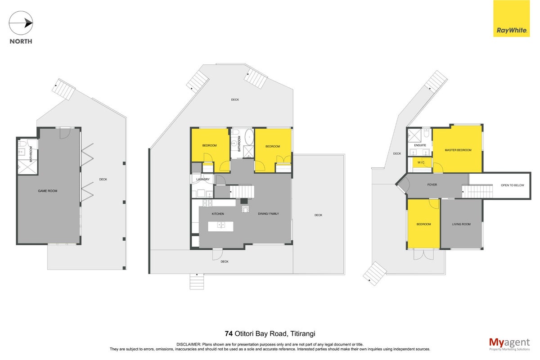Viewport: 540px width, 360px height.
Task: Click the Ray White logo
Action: tap(511, 18)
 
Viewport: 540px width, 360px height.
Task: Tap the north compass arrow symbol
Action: tap(21, 23)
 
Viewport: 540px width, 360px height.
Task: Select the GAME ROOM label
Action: tap(48, 191)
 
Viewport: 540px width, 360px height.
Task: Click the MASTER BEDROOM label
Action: tap(458, 150)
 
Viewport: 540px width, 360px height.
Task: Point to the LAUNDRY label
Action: tap(203, 180)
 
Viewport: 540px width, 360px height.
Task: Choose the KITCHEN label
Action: tap(218, 214)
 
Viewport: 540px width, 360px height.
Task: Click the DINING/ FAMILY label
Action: tap(268, 214)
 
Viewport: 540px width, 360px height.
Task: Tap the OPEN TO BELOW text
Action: tap(513, 185)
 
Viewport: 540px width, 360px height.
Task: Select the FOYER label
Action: tap(432, 184)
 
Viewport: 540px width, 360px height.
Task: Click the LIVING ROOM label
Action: tap(461, 224)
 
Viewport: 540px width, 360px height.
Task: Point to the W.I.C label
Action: tap(421, 162)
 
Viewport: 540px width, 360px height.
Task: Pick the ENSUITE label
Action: tap(420, 145)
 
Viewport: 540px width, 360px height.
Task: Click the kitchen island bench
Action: tap(220, 226)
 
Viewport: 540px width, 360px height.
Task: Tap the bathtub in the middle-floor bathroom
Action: tap(249, 137)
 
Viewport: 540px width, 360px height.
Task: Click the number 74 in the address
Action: tap(229, 333)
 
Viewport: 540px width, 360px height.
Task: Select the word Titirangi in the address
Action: tap(302, 334)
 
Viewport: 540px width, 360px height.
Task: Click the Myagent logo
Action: tap(509, 344)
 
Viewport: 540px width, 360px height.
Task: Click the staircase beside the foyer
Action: tap(477, 191)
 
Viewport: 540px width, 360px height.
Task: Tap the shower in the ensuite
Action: tap(414, 135)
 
